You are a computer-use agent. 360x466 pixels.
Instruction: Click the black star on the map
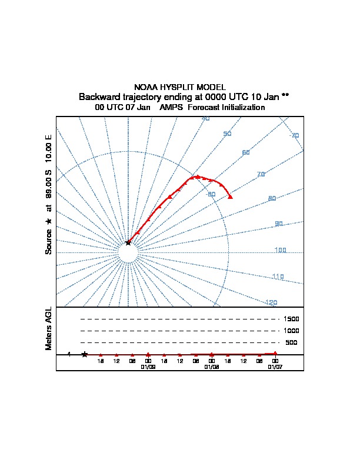tap(128, 242)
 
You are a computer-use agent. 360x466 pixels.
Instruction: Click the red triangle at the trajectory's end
tap(230, 197)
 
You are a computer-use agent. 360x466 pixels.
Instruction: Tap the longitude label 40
tap(205, 119)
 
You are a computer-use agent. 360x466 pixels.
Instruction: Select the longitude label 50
tap(228, 134)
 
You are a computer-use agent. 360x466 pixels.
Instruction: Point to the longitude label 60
tap(246, 153)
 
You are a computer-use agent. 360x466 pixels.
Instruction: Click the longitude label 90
tap(279, 224)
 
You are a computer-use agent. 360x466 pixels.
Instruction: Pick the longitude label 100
tap(280, 250)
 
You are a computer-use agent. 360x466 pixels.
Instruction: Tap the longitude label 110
tap(278, 277)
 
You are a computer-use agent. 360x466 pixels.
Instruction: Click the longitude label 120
tap(271, 302)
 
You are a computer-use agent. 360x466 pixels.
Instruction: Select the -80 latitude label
tap(210, 194)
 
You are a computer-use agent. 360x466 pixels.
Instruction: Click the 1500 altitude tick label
tap(291, 319)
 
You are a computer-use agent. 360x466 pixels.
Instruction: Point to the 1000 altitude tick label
tap(291, 331)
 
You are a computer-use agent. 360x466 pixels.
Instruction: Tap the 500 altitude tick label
tap(291, 342)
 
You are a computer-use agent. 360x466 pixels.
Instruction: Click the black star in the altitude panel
tap(85, 354)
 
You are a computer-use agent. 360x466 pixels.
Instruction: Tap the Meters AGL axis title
tap(49, 328)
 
